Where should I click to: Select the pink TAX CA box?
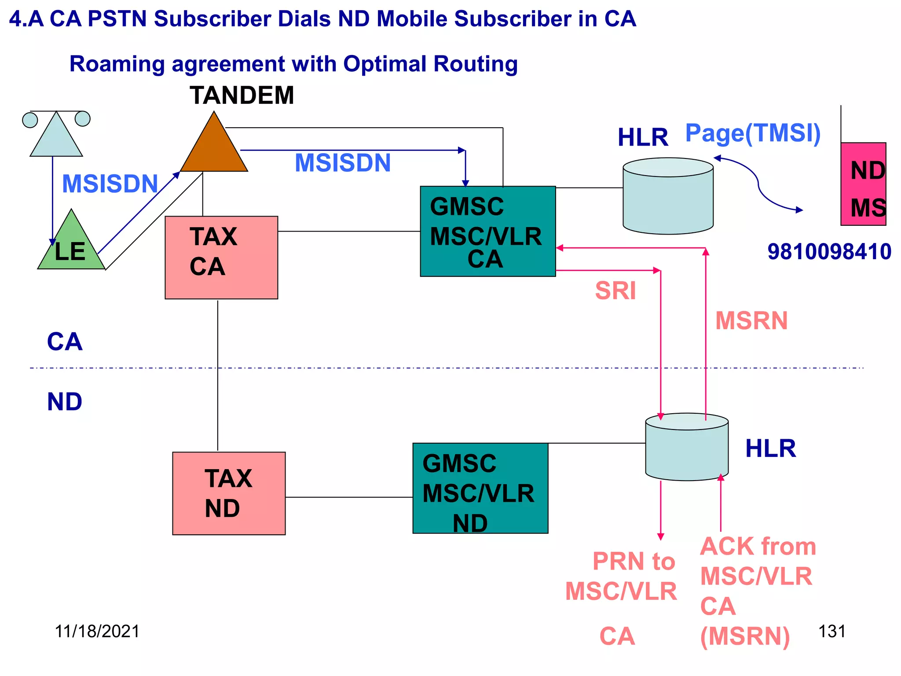pyautogui.click(x=221, y=257)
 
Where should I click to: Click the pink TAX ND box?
pyautogui.click(x=229, y=493)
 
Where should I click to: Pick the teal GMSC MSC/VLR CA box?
pyautogui.click(x=487, y=231)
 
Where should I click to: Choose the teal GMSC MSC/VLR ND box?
pyautogui.click(x=480, y=489)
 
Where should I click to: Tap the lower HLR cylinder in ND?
pyautogui.click(x=686, y=447)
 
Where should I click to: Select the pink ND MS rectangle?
pyautogui.click(x=863, y=184)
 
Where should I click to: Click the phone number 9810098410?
pyautogui.click(x=829, y=252)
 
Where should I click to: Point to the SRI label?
pyautogui.click(x=615, y=291)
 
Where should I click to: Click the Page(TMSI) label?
pyautogui.click(x=753, y=133)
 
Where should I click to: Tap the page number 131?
pyautogui.click(x=831, y=631)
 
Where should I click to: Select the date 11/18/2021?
pyautogui.click(x=97, y=631)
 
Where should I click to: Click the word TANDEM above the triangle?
pyautogui.click(x=242, y=95)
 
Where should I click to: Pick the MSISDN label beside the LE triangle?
pyautogui.click(x=110, y=184)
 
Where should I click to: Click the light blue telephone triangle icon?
pyautogui.click(x=56, y=136)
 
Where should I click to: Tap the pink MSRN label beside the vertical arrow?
pyautogui.click(x=751, y=320)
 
